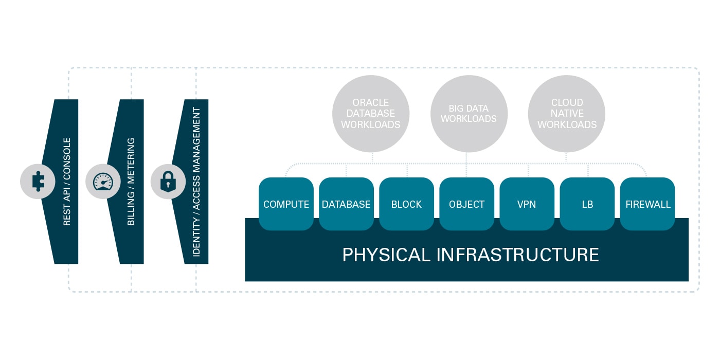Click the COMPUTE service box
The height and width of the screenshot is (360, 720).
point(286,204)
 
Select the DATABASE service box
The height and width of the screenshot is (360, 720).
point(346,204)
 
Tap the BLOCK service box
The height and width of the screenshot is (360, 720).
point(406,204)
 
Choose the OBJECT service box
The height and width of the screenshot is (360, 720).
point(466,204)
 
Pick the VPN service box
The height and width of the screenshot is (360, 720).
point(527,204)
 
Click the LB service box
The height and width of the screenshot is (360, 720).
point(587,204)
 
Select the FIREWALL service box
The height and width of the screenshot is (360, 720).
point(647,204)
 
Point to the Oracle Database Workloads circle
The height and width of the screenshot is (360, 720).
point(371,114)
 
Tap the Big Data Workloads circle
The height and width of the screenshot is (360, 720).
point(469,114)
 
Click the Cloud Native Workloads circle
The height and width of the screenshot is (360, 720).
point(567,114)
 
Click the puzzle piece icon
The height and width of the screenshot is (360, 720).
point(38,182)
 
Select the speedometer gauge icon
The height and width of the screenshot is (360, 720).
point(103,182)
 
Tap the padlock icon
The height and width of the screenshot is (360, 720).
point(168,182)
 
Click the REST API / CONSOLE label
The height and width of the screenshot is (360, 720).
point(67,182)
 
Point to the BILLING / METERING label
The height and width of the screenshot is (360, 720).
point(132,182)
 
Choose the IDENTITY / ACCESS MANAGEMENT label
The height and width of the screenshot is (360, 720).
point(196,182)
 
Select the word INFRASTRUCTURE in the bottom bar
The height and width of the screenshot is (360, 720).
point(518,255)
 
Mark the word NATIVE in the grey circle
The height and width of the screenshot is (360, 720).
point(567,114)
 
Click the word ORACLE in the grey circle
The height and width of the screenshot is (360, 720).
point(371,102)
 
